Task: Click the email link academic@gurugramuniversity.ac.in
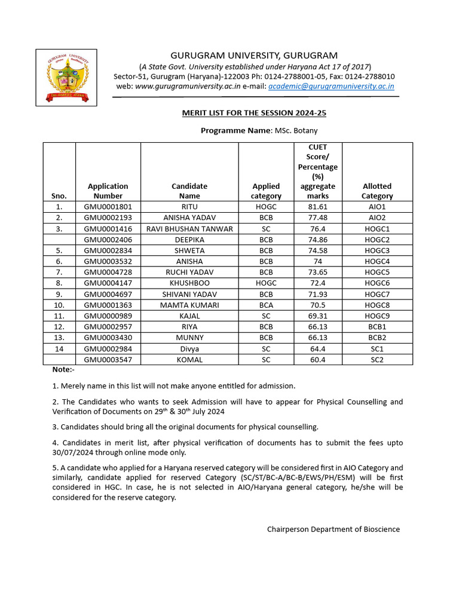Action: [331, 86]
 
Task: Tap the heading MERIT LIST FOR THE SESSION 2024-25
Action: [254, 113]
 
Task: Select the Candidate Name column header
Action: [189, 191]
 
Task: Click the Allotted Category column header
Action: [377, 191]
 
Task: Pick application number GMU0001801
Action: [108, 207]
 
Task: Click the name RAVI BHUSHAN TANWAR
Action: [189, 229]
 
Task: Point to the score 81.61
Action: [318, 207]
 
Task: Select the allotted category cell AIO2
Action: [377, 218]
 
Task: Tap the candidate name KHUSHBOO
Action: [189, 283]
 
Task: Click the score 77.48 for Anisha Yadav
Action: [318, 218]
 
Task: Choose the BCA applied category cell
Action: [266, 305]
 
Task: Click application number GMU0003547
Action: [108, 360]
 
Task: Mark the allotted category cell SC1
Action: [377, 349]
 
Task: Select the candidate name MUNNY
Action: [189, 338]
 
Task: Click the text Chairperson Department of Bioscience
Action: [333, 529]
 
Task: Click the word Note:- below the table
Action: [62, 370]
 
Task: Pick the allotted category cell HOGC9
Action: [377, 316]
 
